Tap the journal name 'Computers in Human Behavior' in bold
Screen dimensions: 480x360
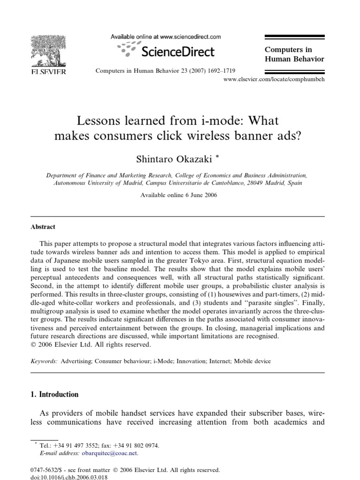(294, 54)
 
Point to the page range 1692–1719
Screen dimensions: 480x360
(218, 71)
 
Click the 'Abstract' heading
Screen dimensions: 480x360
(43, 227)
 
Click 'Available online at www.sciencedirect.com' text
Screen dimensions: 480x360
(165, 37)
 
